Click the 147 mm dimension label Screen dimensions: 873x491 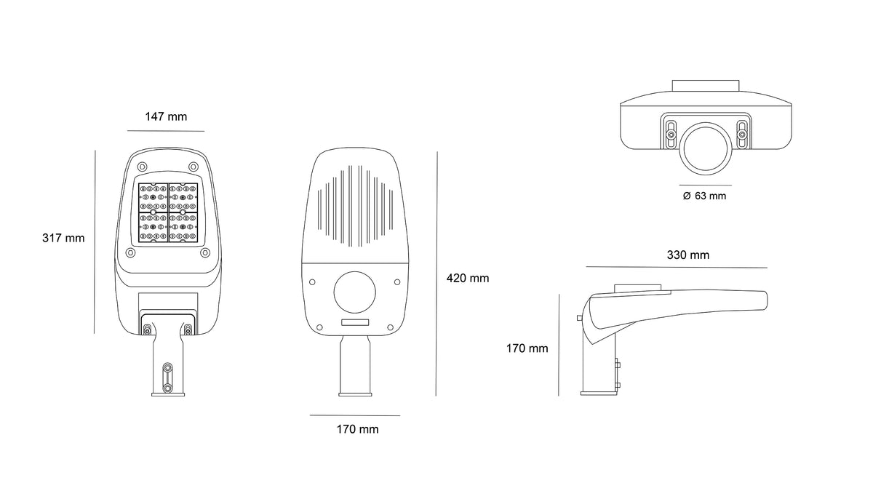166,116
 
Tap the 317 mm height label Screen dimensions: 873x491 63,238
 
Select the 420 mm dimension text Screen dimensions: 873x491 468,278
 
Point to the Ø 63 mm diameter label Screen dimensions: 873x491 705,196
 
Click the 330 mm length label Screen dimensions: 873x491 688,255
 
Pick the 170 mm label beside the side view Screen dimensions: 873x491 527,348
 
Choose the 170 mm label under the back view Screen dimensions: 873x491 357,429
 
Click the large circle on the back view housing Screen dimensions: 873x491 355,292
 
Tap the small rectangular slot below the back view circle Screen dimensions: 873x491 355,322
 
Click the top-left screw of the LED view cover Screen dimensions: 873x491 143,167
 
